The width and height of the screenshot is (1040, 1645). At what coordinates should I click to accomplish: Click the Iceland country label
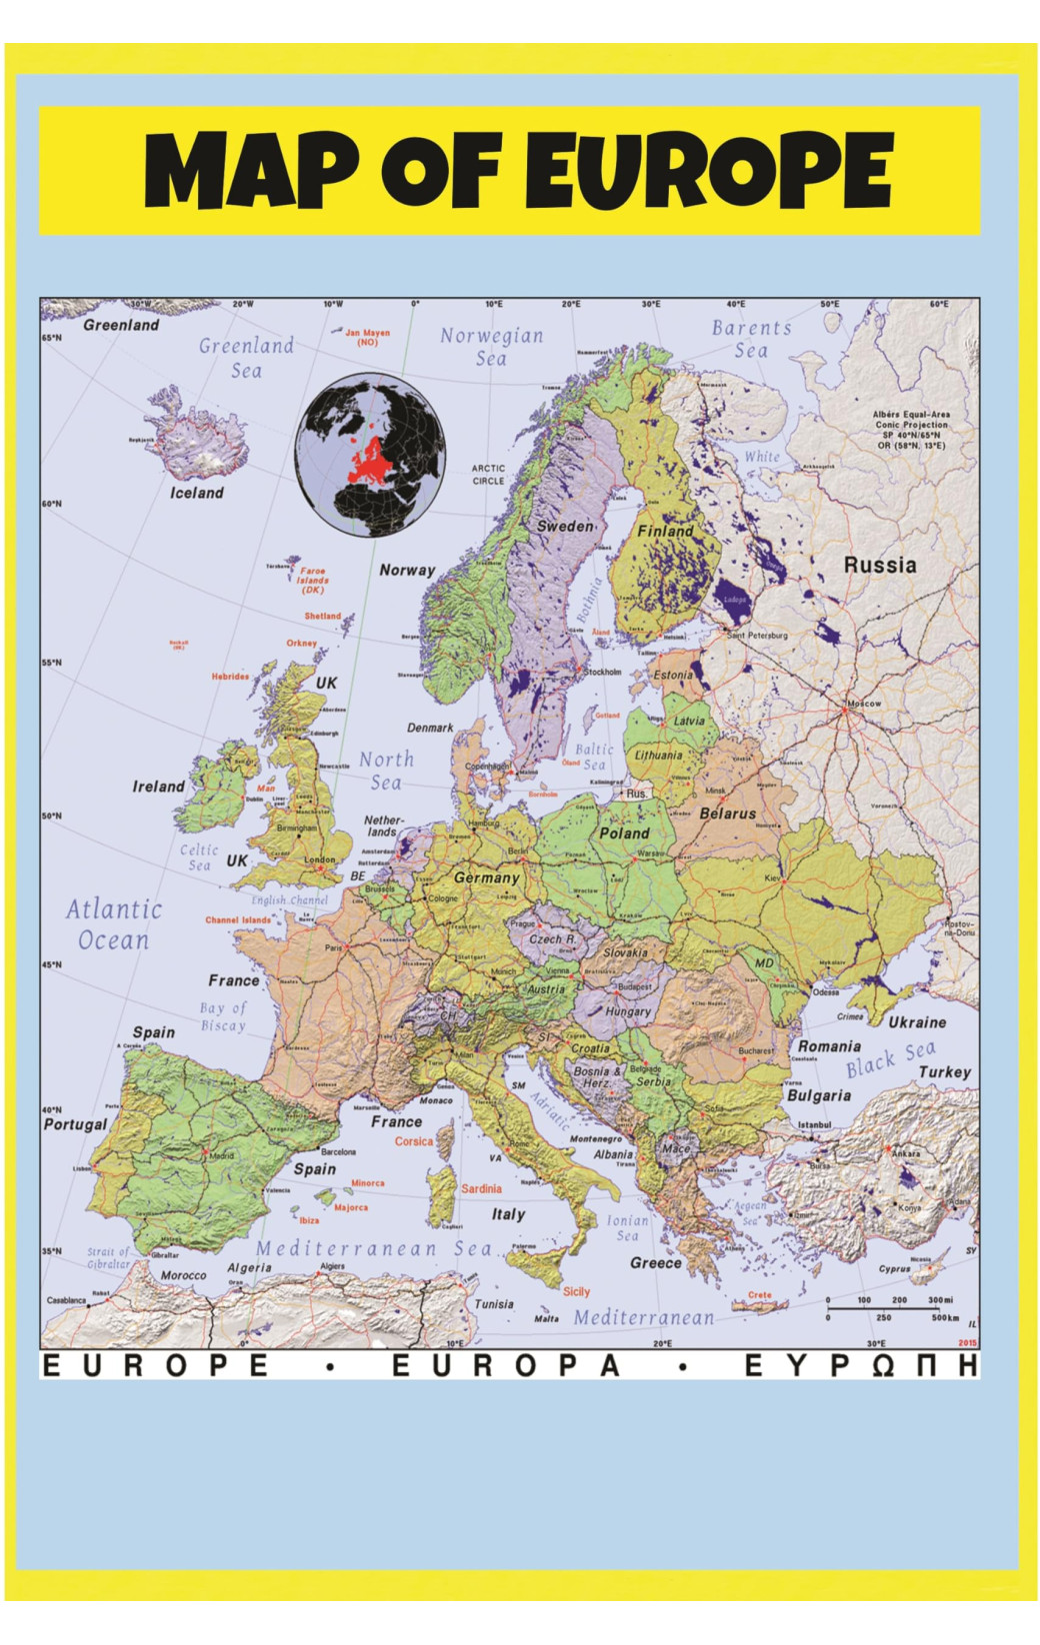(x=196, y=493)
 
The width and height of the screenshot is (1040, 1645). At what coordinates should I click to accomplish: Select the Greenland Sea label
(x=246, y=358)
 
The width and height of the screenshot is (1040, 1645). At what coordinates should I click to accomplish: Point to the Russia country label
(x=879, y=565)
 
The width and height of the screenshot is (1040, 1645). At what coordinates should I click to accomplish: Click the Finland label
(x=665, y=532)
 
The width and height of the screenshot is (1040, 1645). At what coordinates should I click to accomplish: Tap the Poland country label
(x=624, y=832)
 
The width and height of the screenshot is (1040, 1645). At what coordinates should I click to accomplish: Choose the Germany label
(x=487, y=877)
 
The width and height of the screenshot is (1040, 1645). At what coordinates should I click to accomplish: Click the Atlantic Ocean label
(x=113, y=924)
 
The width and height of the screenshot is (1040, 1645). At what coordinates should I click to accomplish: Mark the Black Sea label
(x=890, y=1059)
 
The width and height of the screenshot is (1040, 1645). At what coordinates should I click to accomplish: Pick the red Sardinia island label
(x=481, y=1188)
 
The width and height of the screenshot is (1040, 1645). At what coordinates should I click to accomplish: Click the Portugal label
(x=75, y=1124)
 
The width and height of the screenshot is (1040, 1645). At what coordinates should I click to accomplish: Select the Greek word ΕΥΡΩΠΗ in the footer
(x=860, y=1366)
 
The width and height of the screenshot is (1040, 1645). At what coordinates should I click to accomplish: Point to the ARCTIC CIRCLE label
(x=488, y=474)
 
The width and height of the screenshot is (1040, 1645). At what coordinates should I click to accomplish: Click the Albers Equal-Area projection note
(x=911, y=430)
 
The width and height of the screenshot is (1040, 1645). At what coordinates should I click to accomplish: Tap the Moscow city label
(x=864, y=704)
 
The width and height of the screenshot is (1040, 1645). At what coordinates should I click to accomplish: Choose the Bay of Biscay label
(x=222, y=1016)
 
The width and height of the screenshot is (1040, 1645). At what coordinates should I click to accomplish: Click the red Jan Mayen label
(x=367, y=337)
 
